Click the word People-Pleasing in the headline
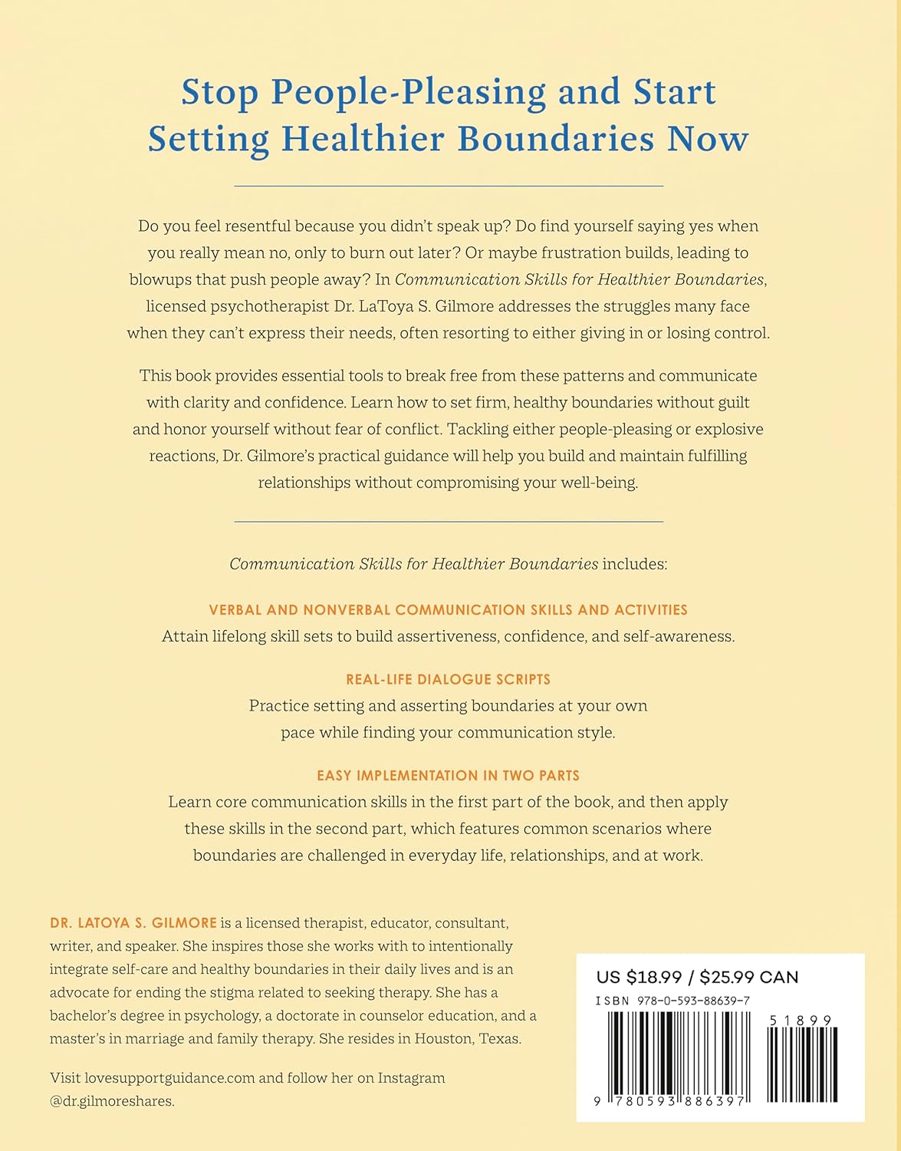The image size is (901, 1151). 409,92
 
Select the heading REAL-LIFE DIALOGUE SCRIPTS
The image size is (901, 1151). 449,679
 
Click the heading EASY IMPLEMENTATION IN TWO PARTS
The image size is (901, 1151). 449,775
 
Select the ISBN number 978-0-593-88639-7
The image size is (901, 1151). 687,1001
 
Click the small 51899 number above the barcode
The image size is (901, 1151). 800,1021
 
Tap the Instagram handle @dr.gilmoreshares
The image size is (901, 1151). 111,1101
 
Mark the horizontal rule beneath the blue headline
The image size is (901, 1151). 449,186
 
